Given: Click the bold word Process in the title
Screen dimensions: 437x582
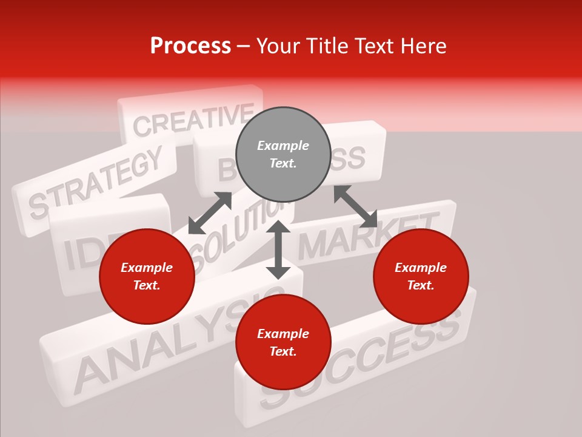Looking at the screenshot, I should [190, 46].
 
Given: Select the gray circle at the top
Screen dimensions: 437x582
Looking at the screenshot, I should [283, 154].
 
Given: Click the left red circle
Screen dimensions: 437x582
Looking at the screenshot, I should [147, 276].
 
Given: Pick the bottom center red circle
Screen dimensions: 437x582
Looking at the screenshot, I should [283, 342].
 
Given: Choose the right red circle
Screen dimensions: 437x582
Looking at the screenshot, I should [421, 276].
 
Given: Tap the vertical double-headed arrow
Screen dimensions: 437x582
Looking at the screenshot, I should [278, 249].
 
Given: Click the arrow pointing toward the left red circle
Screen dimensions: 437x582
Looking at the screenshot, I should [210, 213].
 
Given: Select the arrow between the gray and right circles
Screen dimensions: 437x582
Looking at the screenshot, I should [355, 206].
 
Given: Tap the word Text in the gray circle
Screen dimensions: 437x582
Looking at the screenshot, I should [283, 163].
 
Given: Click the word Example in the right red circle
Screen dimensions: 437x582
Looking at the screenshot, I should [421, 268].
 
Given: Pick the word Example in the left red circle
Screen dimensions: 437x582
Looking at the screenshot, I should [147, 268].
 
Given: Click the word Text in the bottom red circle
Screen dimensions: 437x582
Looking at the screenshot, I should [283, 351].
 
